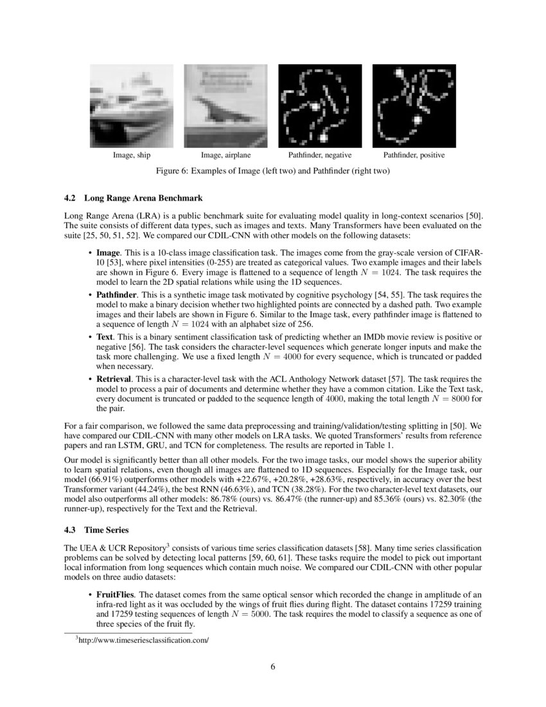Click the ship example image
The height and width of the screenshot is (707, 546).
point(131,106)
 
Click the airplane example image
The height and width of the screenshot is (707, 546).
point(225,106)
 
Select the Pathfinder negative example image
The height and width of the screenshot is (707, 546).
point(319,106)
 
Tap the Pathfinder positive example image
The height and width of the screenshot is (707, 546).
point(414,106)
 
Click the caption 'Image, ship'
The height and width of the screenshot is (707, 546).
point(131,156)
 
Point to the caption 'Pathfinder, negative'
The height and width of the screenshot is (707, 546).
point(319,156)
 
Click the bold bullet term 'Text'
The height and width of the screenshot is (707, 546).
point(104,337)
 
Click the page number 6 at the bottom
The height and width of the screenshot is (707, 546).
point(273,666)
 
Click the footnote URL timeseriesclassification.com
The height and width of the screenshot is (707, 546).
point(144,641)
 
